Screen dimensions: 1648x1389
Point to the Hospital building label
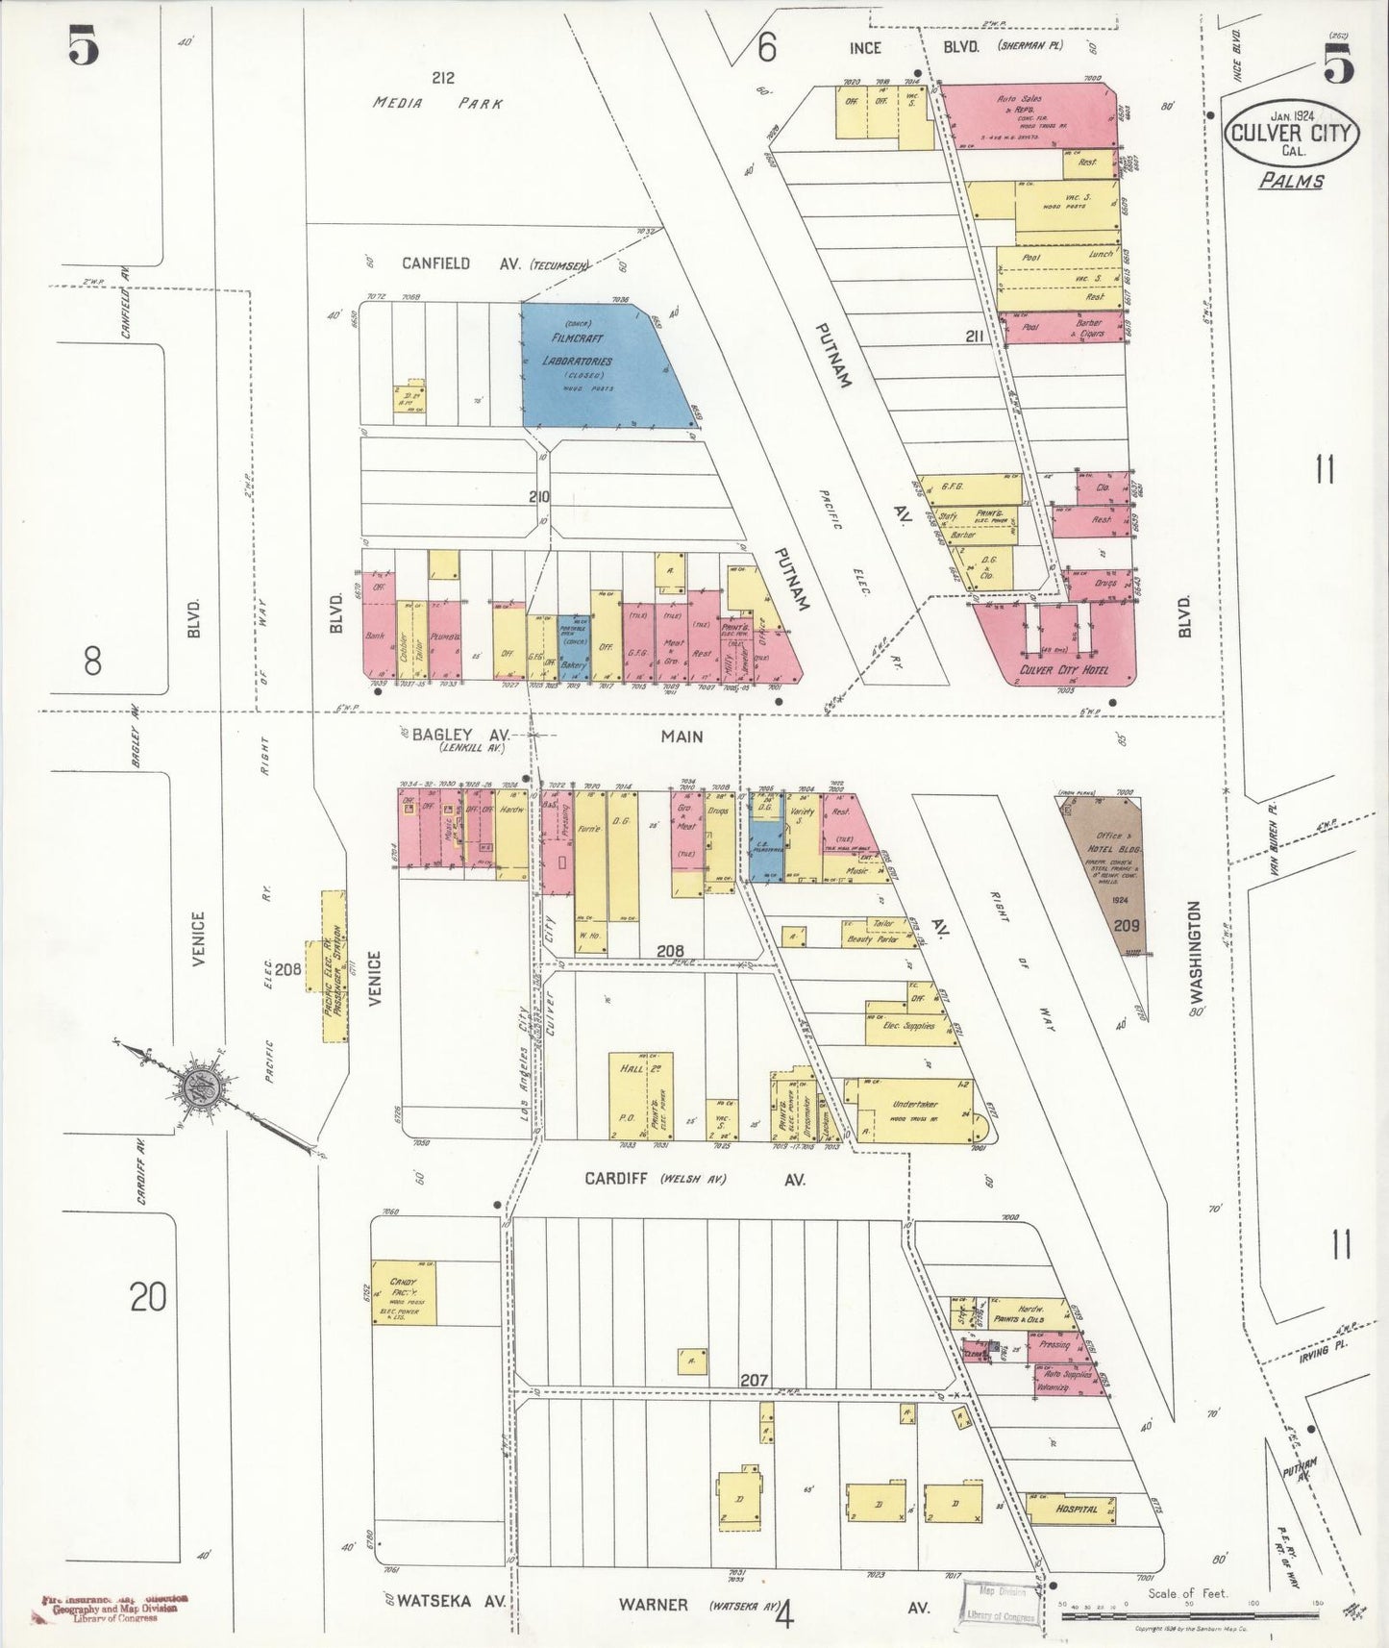(x=1076, y=1509)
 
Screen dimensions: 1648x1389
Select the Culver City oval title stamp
(x=1291, y=135)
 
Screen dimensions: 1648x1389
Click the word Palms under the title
(x=1292, y=180)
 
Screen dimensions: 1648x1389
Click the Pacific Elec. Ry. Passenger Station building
(x=334, y=966)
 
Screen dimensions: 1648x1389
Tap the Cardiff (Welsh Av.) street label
(x=692, y=1179)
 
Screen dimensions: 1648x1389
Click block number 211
(x=975, y=337)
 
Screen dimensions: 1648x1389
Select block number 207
(x=754, y=1380)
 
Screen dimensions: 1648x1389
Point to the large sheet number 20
(x=148, y=1297)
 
